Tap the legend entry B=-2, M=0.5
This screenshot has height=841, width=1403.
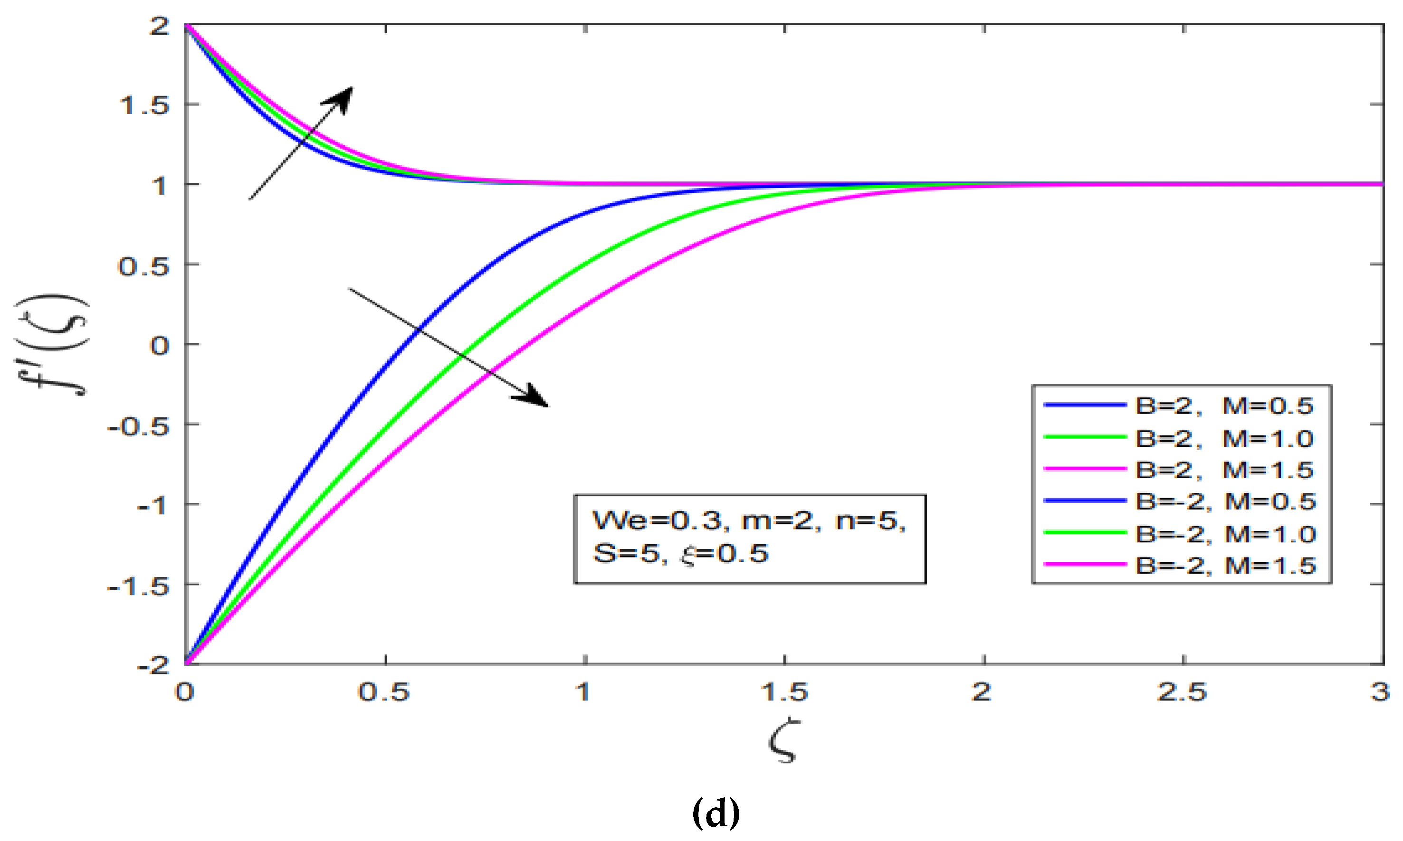(1224, 501)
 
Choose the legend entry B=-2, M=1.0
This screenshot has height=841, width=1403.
(1224, 534)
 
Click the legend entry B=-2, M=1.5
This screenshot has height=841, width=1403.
(1224, 565)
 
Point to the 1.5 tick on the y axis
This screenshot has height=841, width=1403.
(145, 105)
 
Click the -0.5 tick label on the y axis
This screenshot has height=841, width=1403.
(138, 425)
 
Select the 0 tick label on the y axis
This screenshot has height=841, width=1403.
(159, 345)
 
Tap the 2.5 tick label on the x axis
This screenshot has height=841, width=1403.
(1182, 692)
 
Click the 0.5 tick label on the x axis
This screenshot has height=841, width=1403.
(384, 692)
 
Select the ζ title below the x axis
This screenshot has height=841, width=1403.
(784, 741)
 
